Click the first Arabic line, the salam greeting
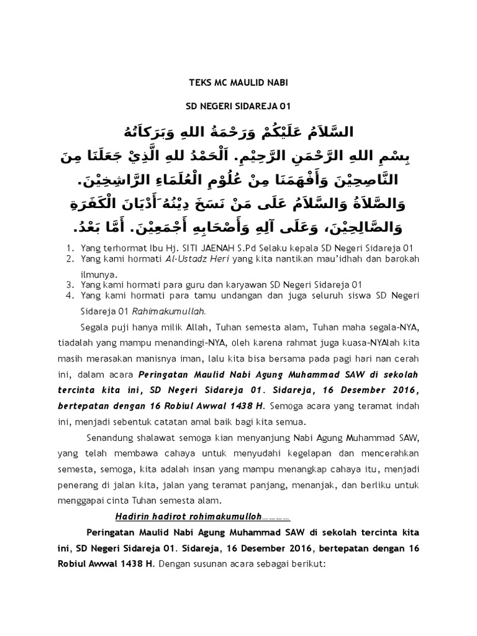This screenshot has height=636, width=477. (x=239, y=132)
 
